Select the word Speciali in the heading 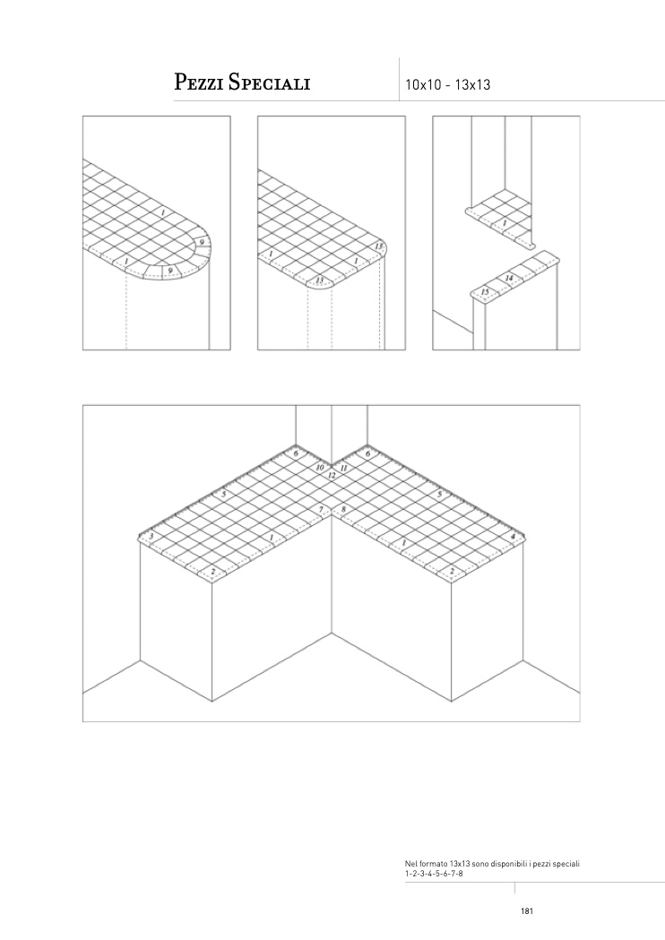pos(270,82)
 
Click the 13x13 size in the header pos(472,84)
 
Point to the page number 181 pos(527,911)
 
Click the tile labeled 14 pos(508,279)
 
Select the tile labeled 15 pos(485,292)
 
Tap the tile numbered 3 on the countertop pos(151,536)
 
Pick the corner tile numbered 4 pos(513,536)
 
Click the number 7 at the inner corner pos(322,510)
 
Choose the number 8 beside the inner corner pos(343,510)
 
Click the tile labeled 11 pos(343,468)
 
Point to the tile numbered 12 pos(332,475)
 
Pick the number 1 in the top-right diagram pos(505,224)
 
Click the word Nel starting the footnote pos(410,864)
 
